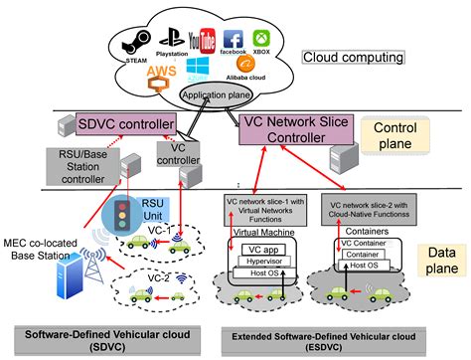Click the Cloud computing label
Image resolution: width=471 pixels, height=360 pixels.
pyautogui.click(x=353, y=58)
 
